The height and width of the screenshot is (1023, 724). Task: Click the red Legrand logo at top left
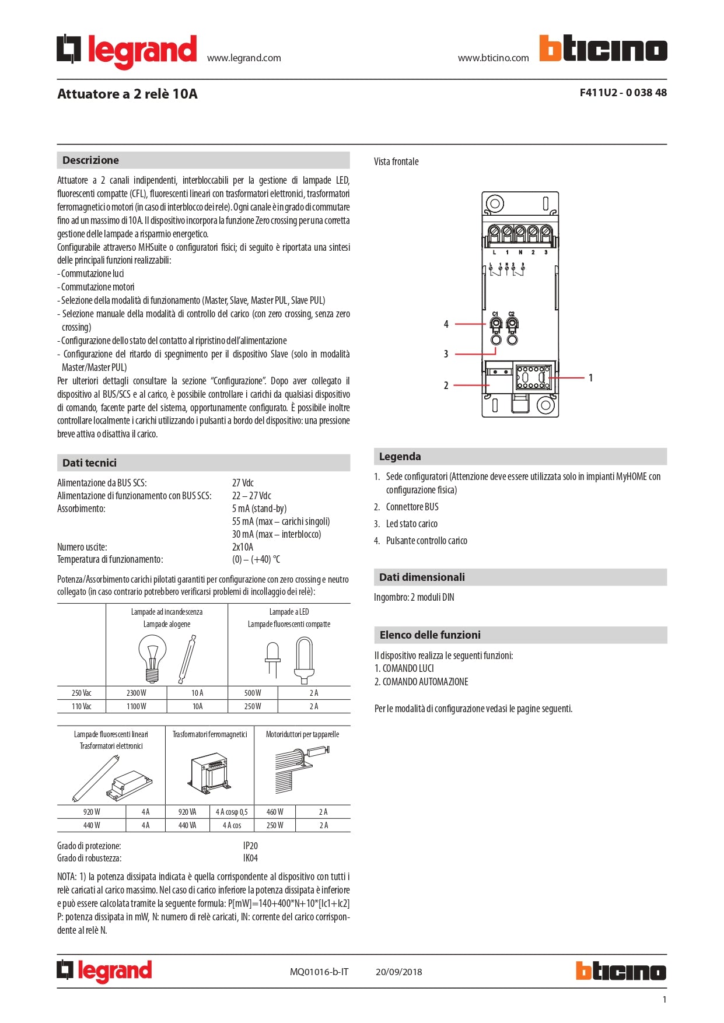coord(127,51)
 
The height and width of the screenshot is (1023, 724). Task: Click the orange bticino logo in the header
coord(603,48)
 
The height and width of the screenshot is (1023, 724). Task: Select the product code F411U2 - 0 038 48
coord(622,93)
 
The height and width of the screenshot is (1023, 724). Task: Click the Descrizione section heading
coord(90,160)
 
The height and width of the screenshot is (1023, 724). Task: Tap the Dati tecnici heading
coord(89,463)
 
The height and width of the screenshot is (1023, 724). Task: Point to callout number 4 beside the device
coord(446,324)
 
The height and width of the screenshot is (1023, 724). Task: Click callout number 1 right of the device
coord(590,378)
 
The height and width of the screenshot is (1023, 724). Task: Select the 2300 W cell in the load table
coord(136,693)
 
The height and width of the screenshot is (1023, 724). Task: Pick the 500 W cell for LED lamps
coord(253,693)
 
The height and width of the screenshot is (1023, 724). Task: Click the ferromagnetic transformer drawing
coord(209,773)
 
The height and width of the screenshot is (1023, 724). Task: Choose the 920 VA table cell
coord(187,812)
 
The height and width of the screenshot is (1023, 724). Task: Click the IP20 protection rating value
coord(250,846)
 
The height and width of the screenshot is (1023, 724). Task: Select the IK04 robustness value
coord(250,858)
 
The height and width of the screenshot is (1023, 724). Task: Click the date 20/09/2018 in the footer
coord(398,972)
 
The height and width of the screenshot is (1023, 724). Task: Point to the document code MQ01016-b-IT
coord(319,972)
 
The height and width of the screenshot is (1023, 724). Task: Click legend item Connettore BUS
coord(412,507)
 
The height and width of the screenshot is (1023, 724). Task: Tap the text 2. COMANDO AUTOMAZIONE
coord(421,682)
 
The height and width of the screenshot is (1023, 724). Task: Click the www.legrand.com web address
coord(244,58)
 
